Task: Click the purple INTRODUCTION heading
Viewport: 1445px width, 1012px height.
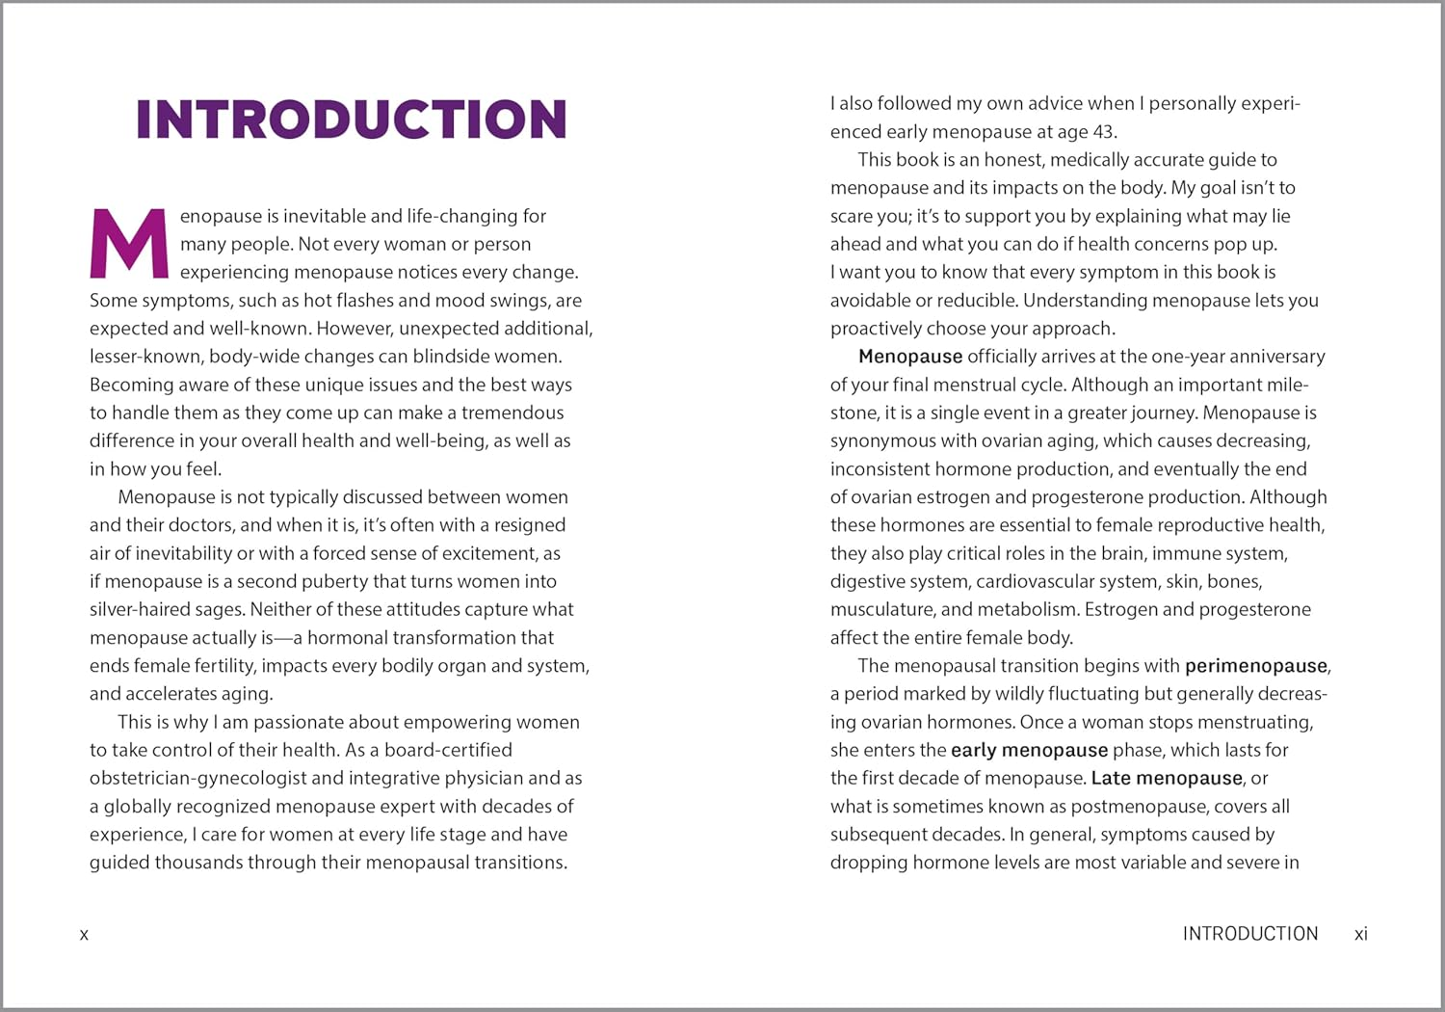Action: pos(352,120)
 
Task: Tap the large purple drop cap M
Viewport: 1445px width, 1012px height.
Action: pos(129,243)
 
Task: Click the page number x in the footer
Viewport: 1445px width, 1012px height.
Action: pos(84,934)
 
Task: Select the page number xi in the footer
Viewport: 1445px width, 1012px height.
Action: pos(1360,934)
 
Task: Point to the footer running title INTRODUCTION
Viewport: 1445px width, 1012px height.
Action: pos(1249,934)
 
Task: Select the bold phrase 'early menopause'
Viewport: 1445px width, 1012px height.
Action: pos(1029,750)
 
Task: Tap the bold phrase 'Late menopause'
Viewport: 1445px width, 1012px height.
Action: pos(1167,778)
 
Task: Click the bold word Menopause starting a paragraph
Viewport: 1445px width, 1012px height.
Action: pos(910,357)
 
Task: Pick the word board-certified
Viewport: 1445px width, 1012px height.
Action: pos(448,750)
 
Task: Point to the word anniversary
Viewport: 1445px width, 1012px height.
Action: pos(1277,357)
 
